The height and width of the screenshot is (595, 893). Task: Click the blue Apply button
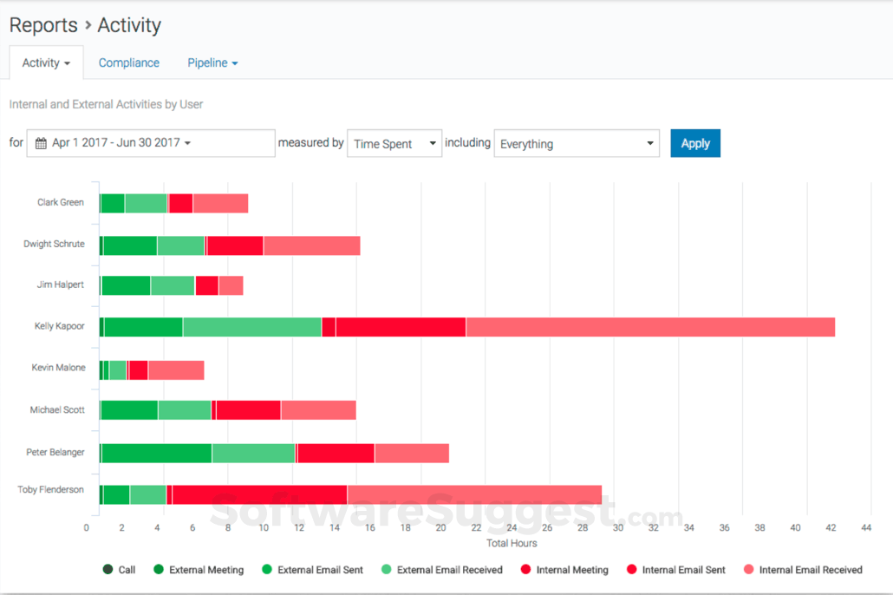click(694, 144)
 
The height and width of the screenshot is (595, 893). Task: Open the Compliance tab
click(128, 63)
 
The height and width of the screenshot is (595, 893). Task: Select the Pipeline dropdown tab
click(212, 63)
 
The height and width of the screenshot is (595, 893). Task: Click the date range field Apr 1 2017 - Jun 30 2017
click(151, 143)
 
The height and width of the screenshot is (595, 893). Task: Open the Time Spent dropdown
click(394, 144)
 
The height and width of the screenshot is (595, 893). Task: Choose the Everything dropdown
click(577, 144)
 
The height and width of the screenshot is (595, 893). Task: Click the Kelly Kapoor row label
click(59, 327)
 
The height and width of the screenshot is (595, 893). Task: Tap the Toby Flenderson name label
click(50, 490)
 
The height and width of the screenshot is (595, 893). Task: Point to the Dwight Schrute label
click(54, 245)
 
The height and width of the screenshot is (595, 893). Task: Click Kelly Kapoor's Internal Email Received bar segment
click(650, 327)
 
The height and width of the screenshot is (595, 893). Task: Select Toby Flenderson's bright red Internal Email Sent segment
click(259, 494)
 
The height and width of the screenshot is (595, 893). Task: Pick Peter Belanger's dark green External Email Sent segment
click(156, 453)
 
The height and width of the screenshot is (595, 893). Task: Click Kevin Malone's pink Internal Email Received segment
click(176, 370)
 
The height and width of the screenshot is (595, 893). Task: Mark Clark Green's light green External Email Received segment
click(146, 204)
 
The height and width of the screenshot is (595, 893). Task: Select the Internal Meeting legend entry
click(564, 570)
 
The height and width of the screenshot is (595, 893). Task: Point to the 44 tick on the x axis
click(866, 527)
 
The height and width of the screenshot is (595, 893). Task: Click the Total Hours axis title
click(511, 544)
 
